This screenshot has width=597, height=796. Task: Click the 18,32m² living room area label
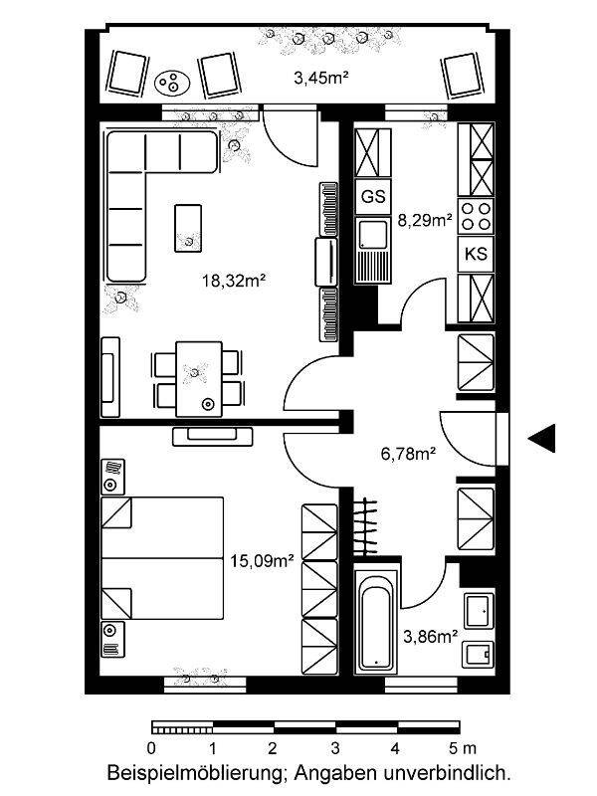coord(235,281)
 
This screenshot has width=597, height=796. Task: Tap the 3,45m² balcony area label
coord(320,78)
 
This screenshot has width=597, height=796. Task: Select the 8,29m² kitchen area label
coord(425,220)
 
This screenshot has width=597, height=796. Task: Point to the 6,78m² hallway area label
coord(409,453)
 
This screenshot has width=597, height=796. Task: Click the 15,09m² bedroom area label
coord(263,560)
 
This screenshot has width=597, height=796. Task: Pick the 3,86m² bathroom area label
coord(431,636)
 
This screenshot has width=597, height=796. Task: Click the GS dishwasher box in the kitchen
coord(373,196)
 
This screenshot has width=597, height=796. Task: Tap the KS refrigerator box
coord(476,254)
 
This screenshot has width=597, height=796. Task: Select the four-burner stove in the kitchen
coord(476,216)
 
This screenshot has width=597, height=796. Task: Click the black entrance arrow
coord(541,438)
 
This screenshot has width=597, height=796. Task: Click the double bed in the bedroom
coord(162,558)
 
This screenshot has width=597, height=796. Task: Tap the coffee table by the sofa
coord(188,228)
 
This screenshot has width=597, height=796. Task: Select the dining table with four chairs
coord(198,379)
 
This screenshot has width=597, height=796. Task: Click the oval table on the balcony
coord(172,82)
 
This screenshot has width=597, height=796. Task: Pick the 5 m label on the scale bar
coord(463,748)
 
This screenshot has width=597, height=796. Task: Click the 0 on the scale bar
coord(151,748)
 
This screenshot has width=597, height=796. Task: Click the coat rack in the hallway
coord(366,527)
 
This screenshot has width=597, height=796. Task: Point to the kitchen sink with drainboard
coord(373,250)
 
